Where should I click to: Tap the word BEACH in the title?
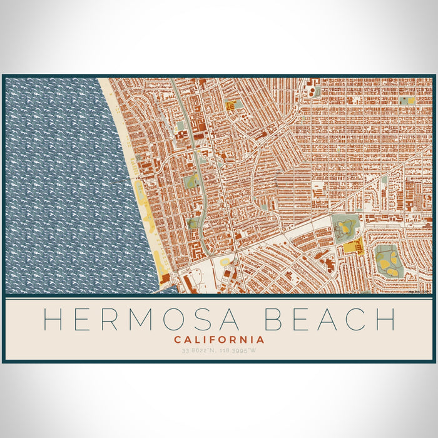tap(331, 319)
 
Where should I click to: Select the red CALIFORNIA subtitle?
tap(219, 340)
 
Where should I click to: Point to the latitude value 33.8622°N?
tap(194, 350)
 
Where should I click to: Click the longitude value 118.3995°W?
tap(243, 350)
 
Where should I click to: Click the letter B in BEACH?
tap(274, 319)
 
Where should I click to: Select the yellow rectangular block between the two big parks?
tap(352, 247)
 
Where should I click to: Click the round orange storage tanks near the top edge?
tap(309, 89)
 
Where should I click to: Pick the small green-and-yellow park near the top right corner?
tap(406, 100)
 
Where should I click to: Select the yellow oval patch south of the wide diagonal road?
tap(223, 262)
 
